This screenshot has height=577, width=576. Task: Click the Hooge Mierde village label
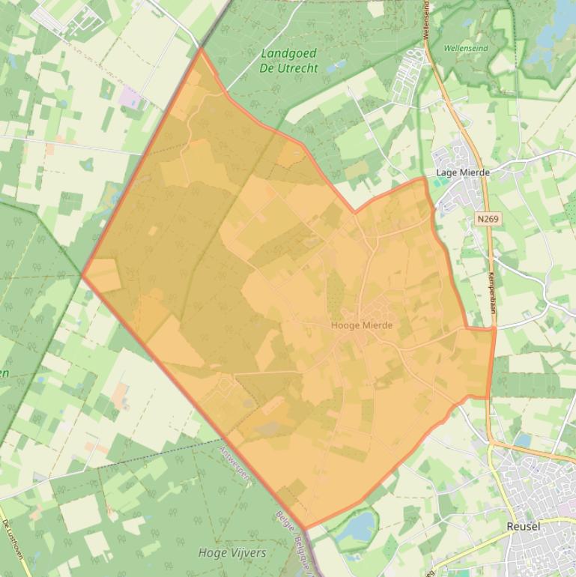point(361,325)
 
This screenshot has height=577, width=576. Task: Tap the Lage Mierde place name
point(462,172)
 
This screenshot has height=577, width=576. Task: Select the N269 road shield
point(487,219)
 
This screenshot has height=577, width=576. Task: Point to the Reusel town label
point(523,526)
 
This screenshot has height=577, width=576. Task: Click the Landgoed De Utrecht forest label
point(288,61)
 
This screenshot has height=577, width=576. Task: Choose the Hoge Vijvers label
point(231,553)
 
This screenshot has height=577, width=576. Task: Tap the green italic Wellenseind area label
point(465,48)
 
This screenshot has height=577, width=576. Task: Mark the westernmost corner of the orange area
point(82,274)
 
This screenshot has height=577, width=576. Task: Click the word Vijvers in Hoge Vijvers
point(247,553)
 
